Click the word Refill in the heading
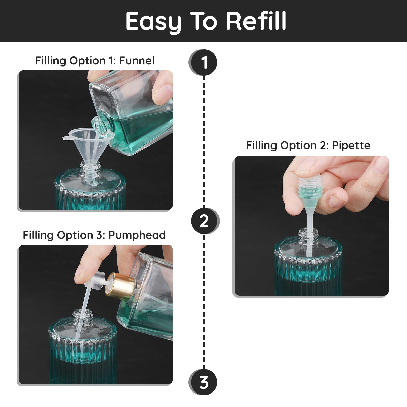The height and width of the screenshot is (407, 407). pos(256,21)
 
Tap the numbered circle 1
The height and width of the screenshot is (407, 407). pos(203,63)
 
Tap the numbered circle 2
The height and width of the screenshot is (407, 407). pos(205,221)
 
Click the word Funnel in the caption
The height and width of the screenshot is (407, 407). pos(137,61)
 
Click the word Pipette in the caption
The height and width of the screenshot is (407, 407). pos(351,146)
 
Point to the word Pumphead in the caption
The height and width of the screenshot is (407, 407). pos(137,235)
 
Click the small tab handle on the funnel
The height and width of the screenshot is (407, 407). pos(66,138)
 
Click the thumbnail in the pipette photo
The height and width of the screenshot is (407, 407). pos(337,199)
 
